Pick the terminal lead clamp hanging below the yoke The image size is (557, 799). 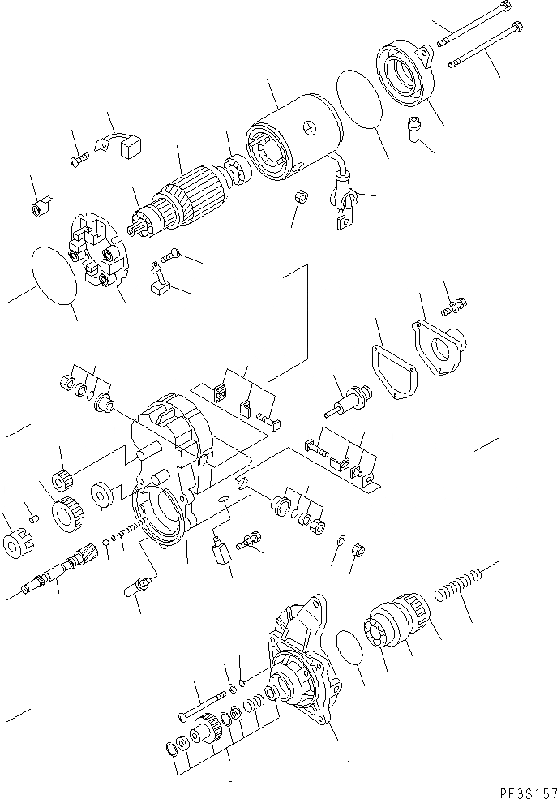[x=341, y=206]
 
